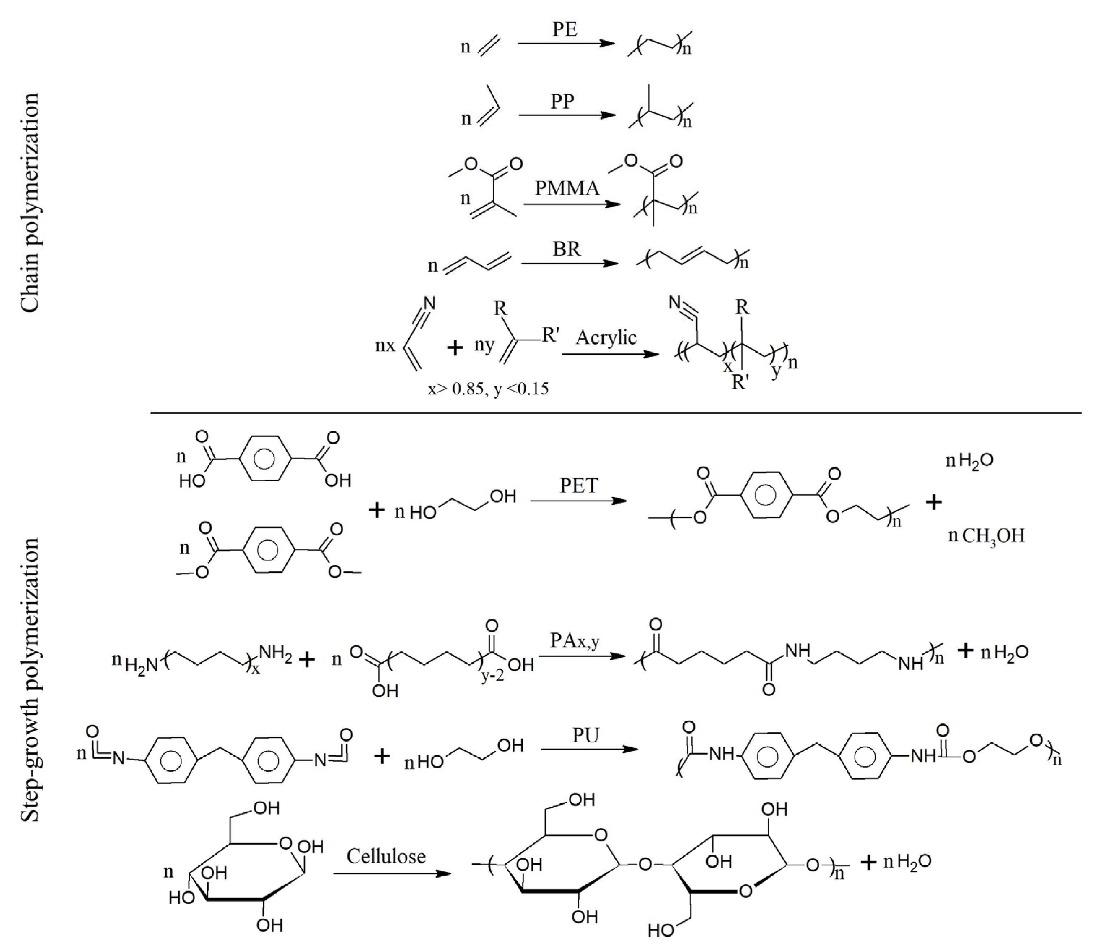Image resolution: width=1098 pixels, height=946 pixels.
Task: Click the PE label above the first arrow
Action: [x=565, y=30]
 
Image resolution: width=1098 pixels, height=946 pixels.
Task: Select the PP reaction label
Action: [x=562, y=101]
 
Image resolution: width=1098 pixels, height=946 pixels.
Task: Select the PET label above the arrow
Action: [x=579, y=485]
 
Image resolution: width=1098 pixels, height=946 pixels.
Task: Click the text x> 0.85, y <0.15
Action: [x=488, y=389]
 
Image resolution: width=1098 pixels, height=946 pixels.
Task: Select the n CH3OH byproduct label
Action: [x=986, y=536]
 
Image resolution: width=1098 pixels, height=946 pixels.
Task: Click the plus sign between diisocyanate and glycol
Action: [x=381, y=756]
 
